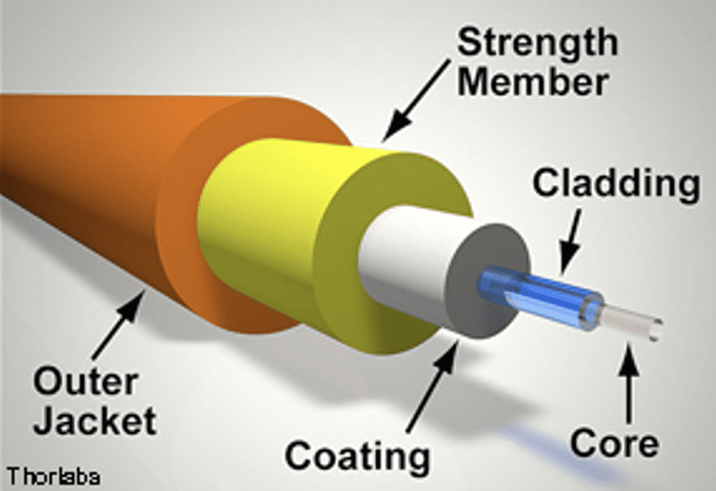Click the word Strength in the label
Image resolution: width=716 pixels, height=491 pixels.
(x=537, y=44)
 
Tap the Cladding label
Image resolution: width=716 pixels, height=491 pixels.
(x=615, y=185)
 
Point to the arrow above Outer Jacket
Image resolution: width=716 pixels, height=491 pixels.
(x=121, y=328)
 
